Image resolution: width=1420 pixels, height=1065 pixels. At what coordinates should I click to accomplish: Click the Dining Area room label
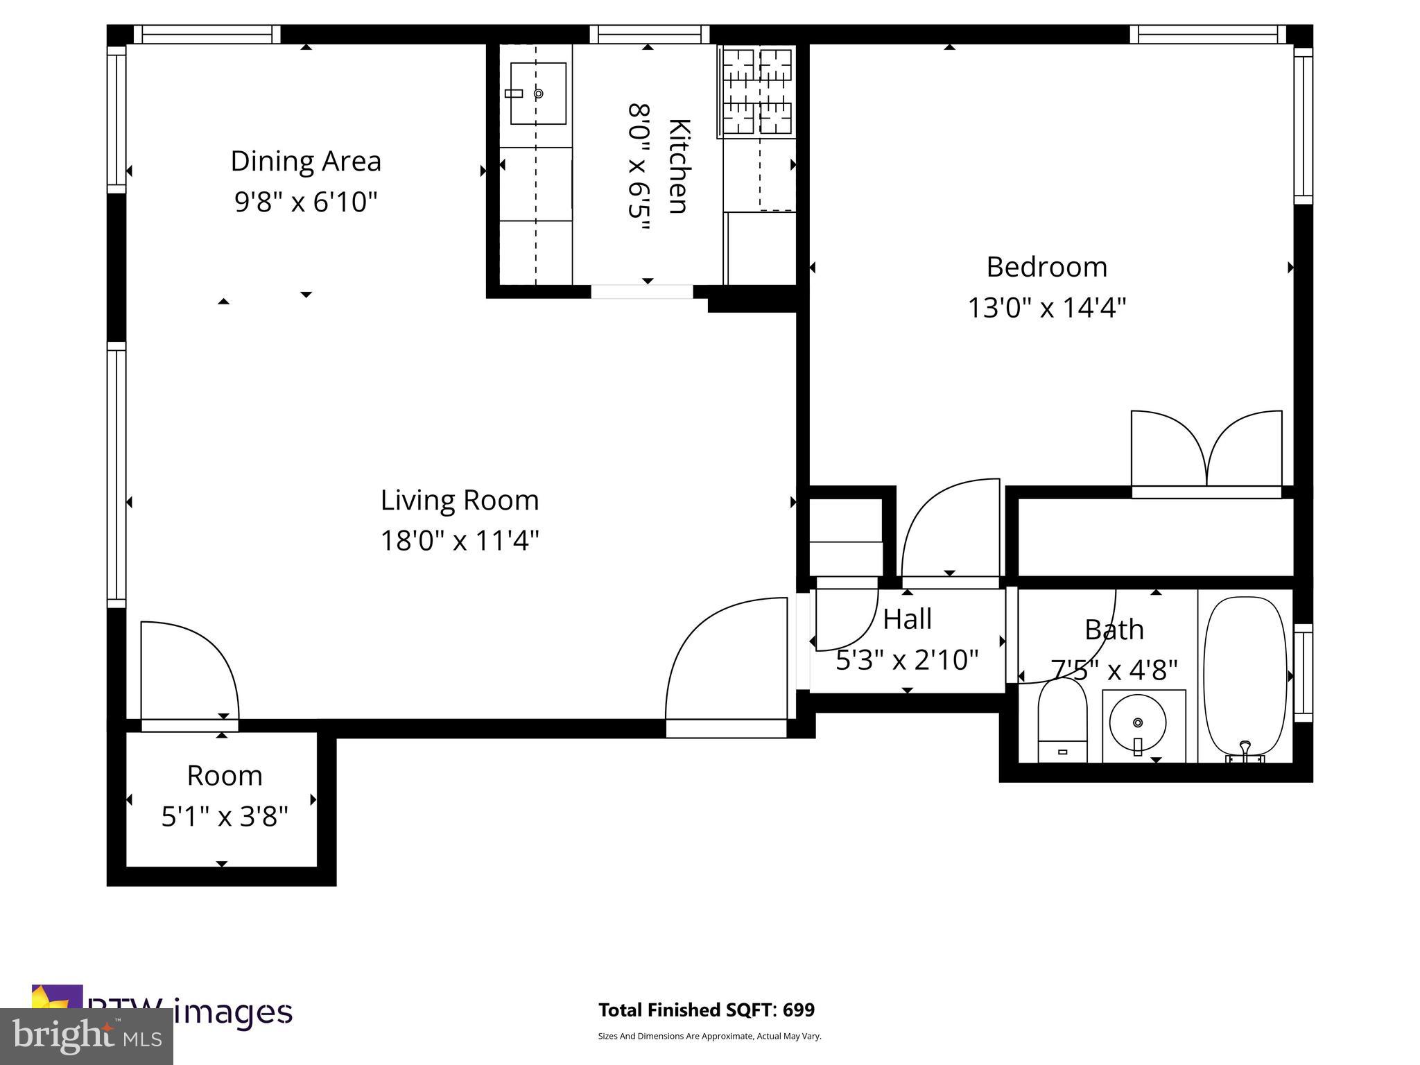tap(306, 162)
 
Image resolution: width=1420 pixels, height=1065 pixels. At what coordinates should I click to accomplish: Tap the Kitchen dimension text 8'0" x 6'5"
tap(638, 169)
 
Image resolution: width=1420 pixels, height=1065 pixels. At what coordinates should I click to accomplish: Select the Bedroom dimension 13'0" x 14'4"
tap(1046, 307)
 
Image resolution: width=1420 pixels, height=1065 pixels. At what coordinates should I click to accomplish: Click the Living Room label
tap(459, 500)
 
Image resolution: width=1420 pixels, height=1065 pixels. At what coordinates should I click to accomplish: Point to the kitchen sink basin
tap(538, 94)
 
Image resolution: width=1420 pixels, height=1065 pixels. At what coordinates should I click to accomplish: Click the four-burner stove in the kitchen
tap(757, 92)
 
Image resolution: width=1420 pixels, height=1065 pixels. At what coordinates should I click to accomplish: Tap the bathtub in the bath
tap(1245, 676)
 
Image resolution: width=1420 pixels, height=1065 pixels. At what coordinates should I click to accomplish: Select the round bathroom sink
tap(1137, 722)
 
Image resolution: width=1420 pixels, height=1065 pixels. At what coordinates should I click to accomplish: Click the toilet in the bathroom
tap(1062, 721)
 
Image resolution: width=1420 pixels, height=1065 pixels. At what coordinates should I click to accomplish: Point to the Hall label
tap(907, 619)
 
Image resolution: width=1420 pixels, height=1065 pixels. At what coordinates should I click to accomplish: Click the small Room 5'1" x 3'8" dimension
tap(224, 817)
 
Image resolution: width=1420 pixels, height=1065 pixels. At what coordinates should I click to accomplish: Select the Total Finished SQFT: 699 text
tap(706, 1010)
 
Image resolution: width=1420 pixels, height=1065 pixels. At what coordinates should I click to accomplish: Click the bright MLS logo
tap(87, 1036)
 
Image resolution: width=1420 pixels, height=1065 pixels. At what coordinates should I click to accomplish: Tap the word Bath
tap(1114, 630)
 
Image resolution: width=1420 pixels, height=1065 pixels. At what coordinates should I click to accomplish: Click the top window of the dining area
tap(207, 35)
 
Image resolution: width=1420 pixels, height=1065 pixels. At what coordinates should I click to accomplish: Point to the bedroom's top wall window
tap(1207, 35)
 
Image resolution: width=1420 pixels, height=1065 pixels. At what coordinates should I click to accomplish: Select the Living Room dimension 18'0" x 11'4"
tap(459, 541)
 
